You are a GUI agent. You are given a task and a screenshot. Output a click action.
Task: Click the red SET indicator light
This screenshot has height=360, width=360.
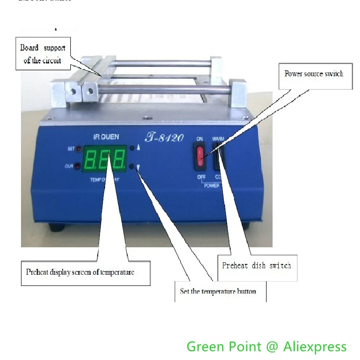(79, 149)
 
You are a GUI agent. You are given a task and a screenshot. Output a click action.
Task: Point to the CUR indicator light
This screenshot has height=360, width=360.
(78, 166)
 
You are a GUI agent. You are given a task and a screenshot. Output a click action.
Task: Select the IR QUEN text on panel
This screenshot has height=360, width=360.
(106, 137)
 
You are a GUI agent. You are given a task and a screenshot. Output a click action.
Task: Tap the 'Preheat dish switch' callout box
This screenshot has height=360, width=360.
(256, 266)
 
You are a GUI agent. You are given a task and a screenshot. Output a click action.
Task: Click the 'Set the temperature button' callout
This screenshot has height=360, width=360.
(218, 291)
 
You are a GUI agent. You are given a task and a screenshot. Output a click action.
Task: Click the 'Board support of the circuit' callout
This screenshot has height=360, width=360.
(43, 54)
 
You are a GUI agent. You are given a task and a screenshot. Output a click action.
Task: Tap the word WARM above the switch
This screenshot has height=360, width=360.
(218, 139)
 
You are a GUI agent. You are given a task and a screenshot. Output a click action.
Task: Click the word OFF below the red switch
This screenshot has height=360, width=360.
(201, 177)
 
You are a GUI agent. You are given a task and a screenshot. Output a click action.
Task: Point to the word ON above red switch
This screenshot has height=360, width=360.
(200, 139)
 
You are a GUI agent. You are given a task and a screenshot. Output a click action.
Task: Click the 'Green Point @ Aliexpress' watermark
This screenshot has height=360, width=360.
(266, 346)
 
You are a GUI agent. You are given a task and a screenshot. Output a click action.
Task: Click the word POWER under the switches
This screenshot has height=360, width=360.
(212, 186)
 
